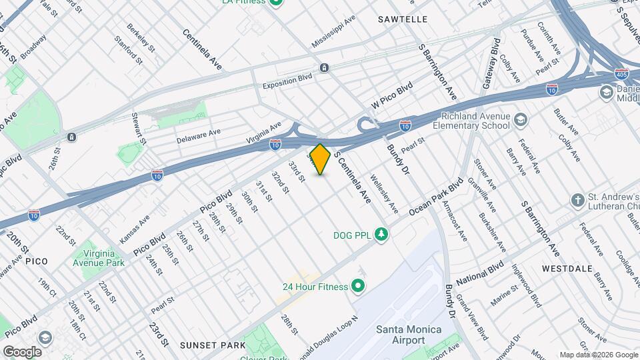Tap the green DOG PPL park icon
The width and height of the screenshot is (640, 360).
click(x=381, y=234)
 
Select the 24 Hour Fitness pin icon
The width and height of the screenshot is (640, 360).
click(x=358, y=287)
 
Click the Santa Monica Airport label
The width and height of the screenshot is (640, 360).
click(x=400, y=335)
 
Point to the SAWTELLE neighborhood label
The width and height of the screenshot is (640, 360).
click(x=403, y=19)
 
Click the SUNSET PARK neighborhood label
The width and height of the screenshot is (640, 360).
click(x=213, y=345)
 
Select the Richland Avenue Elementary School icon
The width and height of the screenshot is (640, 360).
click(x=521, y=120)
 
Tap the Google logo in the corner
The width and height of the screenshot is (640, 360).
click(x=22, y=351)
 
